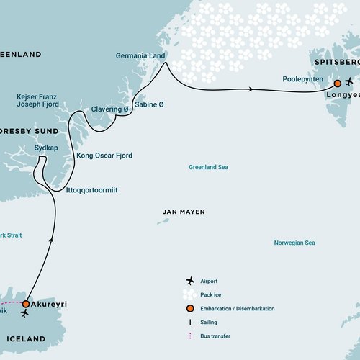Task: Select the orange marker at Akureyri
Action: click(x=26, y=304)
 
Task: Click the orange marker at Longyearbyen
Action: click(x=336, y=83)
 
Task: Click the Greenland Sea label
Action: click(x=208, y=167)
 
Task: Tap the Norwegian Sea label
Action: click(x=294, y=243)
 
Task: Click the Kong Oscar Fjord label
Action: click(x=104, y=155)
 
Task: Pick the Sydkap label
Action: click(x=47, y=147)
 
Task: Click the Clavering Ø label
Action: click(x=109, y=109)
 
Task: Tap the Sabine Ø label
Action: click(x=149, y=104)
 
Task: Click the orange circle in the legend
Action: click(x=190, y=308)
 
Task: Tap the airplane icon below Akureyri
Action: click(x=26, y=315)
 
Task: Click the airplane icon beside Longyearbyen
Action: click(x=349, y=81)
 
